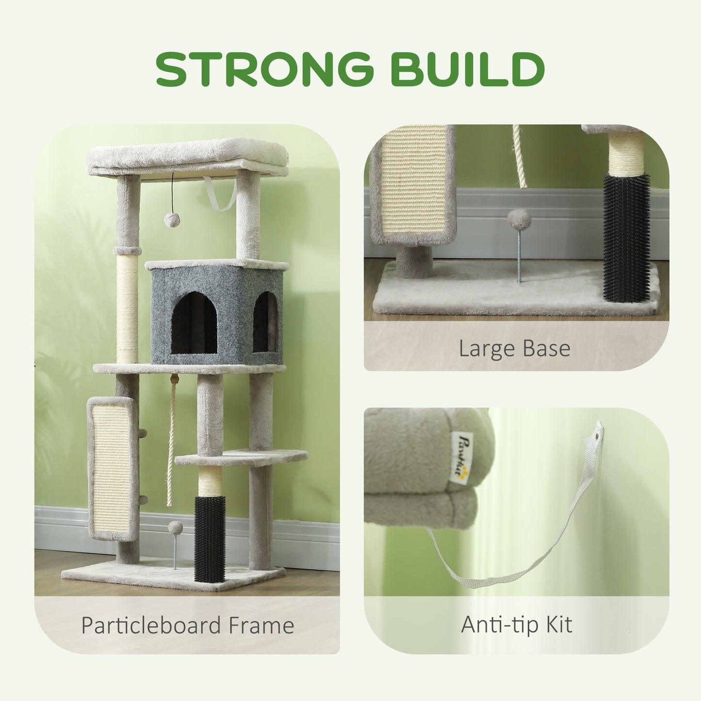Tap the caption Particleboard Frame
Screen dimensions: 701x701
[187, 625]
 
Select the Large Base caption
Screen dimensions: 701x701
[514, 349]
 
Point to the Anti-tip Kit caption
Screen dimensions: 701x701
[516, 624]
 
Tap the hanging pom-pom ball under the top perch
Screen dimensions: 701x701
[172, 220]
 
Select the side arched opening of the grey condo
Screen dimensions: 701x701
[265, 322]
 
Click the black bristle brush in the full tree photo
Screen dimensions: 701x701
[210, 538]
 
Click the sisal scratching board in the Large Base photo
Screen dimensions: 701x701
[414, 183]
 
